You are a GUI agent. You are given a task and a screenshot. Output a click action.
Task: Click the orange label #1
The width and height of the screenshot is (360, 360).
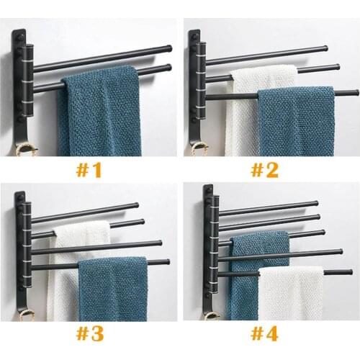[90, 170]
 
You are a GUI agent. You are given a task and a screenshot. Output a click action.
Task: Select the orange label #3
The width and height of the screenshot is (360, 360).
[90, 334]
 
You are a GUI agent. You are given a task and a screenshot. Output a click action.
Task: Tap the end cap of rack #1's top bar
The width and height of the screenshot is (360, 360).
[168, 49]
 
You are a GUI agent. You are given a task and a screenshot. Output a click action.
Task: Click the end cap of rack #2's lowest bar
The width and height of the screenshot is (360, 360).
[355, 92]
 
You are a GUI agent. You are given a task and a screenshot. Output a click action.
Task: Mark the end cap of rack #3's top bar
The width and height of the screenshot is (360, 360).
[136, 206]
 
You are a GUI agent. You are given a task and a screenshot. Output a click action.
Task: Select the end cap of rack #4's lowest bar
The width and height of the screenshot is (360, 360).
[349, 272]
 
